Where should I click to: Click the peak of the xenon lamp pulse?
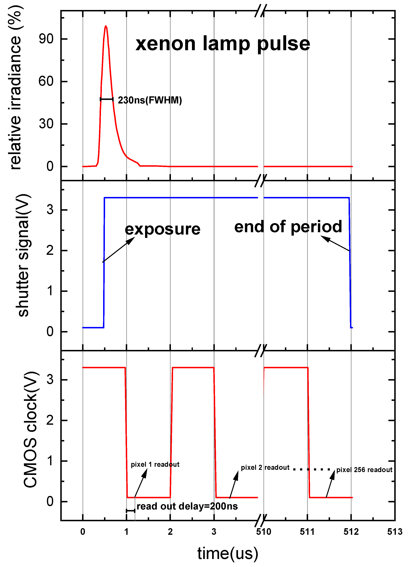pos(106,26)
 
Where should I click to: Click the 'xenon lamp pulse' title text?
pos(223,44)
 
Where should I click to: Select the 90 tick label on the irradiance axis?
pos(46,39)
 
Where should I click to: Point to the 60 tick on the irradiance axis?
pos(46,82)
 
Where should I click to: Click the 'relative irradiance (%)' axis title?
pos(16,87)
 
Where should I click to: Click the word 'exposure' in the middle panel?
pos(163,229)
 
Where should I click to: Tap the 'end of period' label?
pos(288,227)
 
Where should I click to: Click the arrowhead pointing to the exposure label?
pos(131,241)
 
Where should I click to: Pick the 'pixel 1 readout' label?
pos(155,464)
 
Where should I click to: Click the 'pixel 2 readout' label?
pos(265,467)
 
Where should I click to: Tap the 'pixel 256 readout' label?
pos(364,470)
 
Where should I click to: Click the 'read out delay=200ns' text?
pos(187,506)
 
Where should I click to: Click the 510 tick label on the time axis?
pos(263,532)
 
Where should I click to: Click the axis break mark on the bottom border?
pos(260,521)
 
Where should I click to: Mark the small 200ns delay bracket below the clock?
pos(130,511)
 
